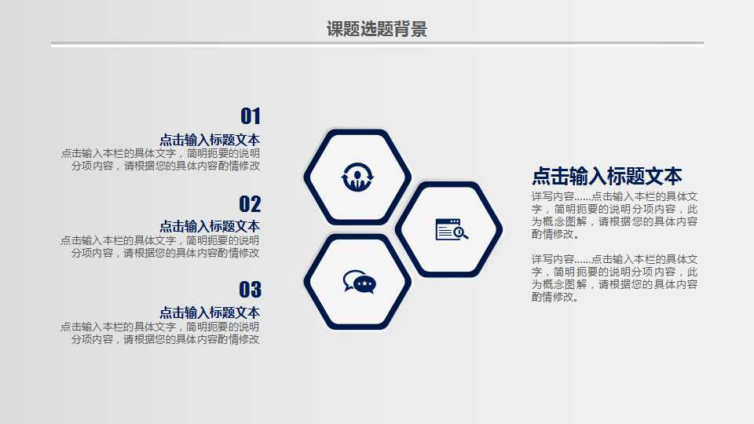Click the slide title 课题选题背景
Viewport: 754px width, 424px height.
(376, 29)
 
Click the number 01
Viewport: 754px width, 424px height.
(251, 116)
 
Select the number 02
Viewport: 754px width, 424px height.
(250, 204)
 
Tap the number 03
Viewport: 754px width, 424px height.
(250, 290)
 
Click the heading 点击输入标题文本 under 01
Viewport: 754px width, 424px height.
(210, 140)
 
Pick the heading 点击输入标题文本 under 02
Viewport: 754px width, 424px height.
(210, 226)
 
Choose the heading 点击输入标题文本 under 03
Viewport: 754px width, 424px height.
(210, 313)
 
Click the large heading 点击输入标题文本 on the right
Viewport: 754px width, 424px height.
(607, 176)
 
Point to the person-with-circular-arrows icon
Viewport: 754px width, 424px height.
(357, 177)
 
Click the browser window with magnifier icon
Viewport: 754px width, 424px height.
(452, 228)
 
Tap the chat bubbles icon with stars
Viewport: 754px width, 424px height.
(359, 282)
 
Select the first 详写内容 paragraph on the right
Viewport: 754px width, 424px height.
(614, 215)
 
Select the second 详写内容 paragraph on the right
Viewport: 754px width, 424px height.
(614, 278)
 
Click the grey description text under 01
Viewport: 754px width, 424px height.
(160, 159)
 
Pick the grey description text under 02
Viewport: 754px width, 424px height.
(160, 246)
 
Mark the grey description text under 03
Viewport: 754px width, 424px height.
(160, 333)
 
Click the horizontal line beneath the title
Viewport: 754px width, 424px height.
(378, 42)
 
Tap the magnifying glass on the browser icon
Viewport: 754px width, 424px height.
(461, 233)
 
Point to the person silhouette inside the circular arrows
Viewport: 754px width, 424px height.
(357, 180)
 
